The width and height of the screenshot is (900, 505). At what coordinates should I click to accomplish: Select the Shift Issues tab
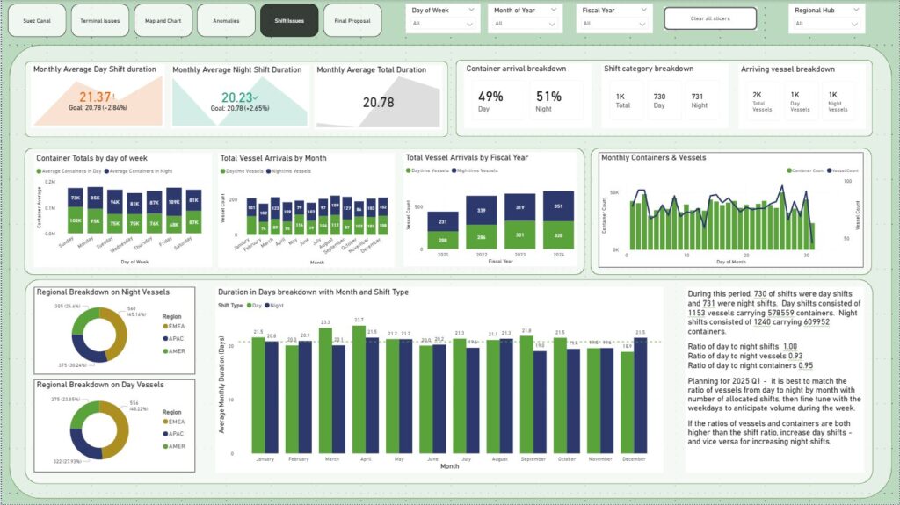click(289, 19)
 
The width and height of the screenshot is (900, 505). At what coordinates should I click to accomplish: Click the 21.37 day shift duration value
click(95, 97)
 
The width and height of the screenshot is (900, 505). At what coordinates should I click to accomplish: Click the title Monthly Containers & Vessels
click(653, 158)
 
